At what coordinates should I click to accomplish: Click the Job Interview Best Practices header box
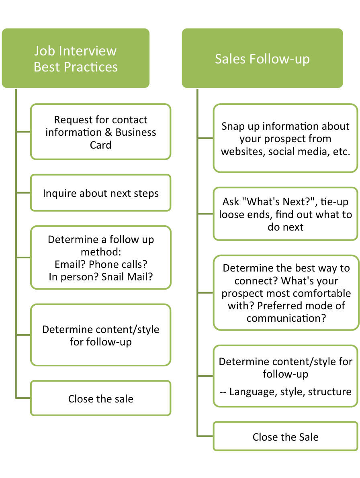(76, 58)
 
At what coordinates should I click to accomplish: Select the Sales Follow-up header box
(262, 58)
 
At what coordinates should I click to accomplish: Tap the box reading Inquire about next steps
(100, 193)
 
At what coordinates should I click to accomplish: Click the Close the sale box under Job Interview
(100, 398)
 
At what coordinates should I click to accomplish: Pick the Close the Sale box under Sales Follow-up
(285, 437)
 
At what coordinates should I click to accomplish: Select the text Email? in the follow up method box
(70, 264)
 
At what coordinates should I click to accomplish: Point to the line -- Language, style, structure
(285, 392)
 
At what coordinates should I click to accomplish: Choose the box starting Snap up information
(285, 139)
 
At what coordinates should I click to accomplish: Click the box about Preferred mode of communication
(285, 292)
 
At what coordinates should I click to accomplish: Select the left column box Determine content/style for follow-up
(100, 335)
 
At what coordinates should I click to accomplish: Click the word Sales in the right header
(231, 59)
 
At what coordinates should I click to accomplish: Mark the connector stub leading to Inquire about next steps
(23, 193)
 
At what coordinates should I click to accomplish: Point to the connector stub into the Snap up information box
(205, 139)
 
